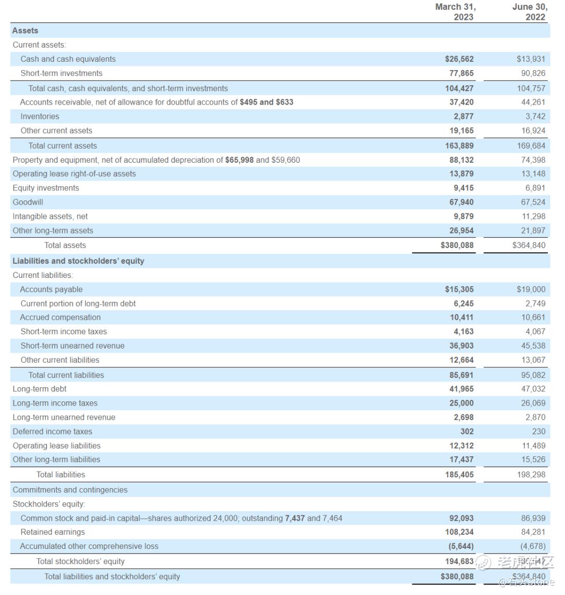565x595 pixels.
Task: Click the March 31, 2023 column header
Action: pos(455,12)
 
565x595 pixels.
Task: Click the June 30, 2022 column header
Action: pos(529,12)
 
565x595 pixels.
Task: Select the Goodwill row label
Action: pos(28,202)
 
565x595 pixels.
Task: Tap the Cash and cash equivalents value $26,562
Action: pos(459,59)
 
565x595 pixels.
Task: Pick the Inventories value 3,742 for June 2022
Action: pos(535,116)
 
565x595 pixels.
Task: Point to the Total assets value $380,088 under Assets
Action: pos(457,245)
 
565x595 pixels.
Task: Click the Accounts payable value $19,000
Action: pos(530,289)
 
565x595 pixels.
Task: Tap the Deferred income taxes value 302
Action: pos(467,431)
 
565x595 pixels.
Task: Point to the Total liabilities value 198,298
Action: pos(531,475)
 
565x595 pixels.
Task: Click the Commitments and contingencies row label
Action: pos(70,490)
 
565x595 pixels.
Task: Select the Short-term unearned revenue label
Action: pos(72,345)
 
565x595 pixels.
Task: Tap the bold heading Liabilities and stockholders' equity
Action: pos(78,261)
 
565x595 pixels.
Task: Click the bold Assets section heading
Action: pos(25,31)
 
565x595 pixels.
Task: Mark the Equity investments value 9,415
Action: pos(464,188)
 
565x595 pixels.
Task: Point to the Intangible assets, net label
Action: pos(50,216)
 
